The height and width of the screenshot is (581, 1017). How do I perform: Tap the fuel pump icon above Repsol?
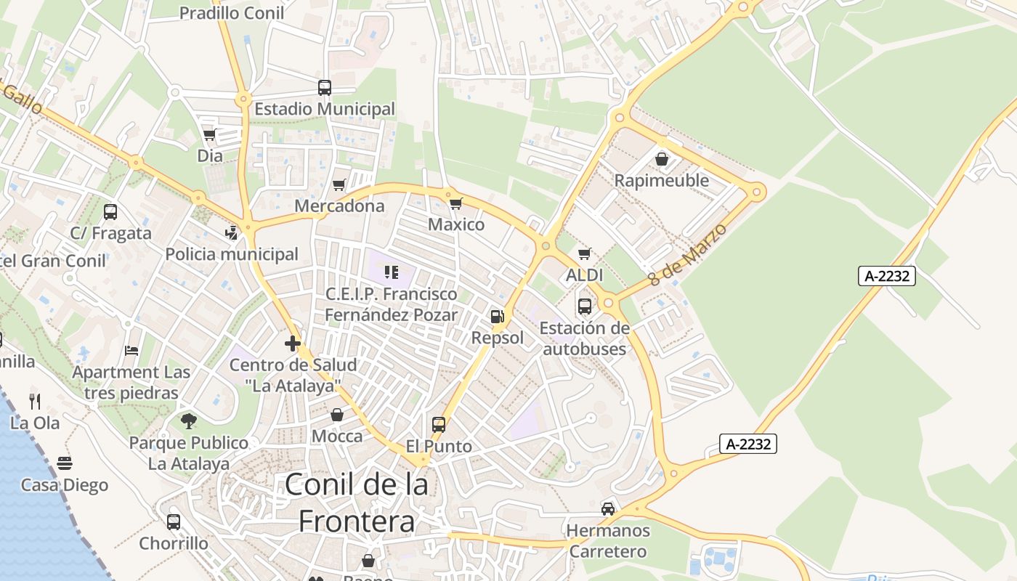498,316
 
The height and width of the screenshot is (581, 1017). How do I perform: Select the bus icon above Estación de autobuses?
585,306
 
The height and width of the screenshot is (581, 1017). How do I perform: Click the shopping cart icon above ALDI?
585,254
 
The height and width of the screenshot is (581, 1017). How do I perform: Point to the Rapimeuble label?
662,180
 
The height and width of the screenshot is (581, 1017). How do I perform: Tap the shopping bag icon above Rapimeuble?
662,158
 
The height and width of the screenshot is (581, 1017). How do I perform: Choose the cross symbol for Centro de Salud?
293,343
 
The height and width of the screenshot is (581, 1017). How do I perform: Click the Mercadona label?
339,206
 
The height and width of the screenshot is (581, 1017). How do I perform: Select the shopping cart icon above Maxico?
456,203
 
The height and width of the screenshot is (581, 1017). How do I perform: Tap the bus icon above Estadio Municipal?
325,88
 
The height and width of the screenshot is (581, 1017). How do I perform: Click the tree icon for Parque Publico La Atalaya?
189,420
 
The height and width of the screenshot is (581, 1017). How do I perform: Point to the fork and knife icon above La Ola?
35,401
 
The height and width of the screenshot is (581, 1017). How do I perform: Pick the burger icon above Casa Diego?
65,463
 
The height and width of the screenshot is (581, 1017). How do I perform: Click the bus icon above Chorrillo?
174,521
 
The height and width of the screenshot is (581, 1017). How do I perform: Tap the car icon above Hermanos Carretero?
608,509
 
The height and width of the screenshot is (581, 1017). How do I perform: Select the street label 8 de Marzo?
688,254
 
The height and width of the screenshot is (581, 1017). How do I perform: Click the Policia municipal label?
232,254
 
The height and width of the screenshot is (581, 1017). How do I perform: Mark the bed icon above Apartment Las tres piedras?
131,350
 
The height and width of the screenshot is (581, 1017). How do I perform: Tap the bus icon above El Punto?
439,424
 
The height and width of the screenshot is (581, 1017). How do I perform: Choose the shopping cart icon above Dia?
210,135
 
